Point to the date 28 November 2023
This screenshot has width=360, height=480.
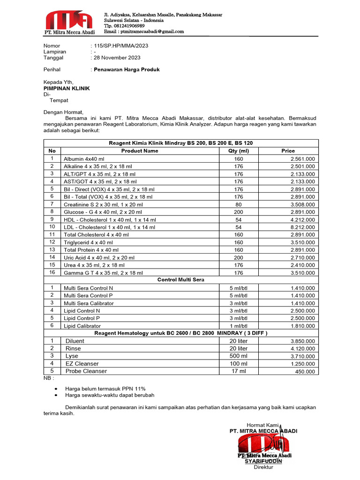click(x=117, y=58)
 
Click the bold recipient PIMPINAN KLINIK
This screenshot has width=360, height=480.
click(x=67, y=88)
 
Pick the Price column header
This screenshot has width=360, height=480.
click(x=288, y=151)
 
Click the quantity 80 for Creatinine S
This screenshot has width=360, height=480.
click(x=239, y=204)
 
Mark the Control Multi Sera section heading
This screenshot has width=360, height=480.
click(x=181, y=280)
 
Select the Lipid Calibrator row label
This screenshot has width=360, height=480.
click(x=82, y=326)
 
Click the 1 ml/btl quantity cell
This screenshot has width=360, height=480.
click(x=239, y=326)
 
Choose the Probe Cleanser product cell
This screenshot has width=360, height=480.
click(x=86, y=371)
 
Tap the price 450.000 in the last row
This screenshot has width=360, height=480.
click(x=305, y=372)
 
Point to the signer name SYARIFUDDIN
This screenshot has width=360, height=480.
click(x=263, y=461)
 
